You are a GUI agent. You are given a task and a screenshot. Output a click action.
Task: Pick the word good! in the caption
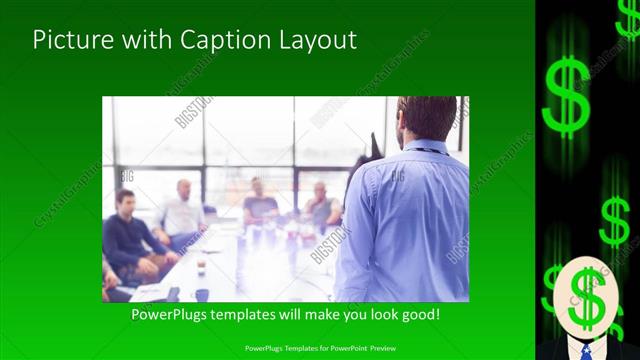point(418,314)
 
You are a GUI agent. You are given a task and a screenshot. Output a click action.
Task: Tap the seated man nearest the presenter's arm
point(321,205)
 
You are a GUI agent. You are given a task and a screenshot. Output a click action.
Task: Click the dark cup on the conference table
point(201,266)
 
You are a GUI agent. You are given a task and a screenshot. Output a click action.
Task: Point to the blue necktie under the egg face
point(586,349)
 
